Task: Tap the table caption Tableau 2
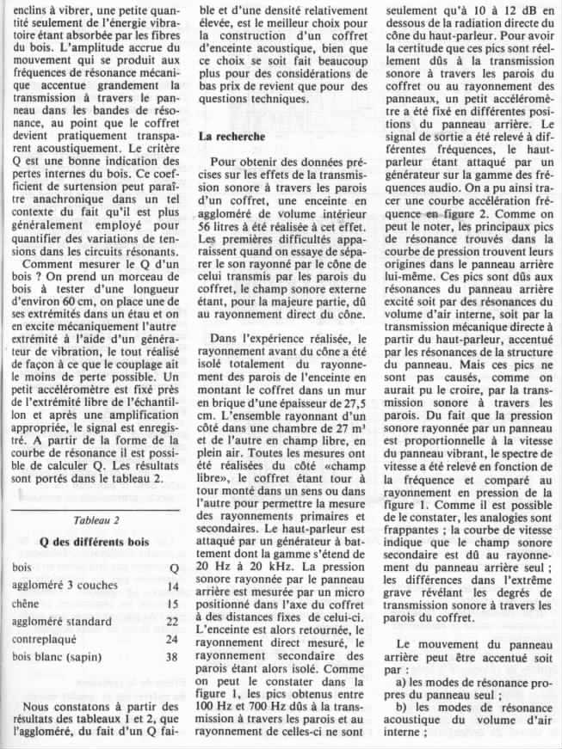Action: (x=97, y=521)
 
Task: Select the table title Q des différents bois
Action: (x=96, y=543)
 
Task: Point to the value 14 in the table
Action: (x=171, y=586)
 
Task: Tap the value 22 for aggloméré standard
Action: (x=171, y=622)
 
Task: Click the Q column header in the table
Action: (x=174, y=568)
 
